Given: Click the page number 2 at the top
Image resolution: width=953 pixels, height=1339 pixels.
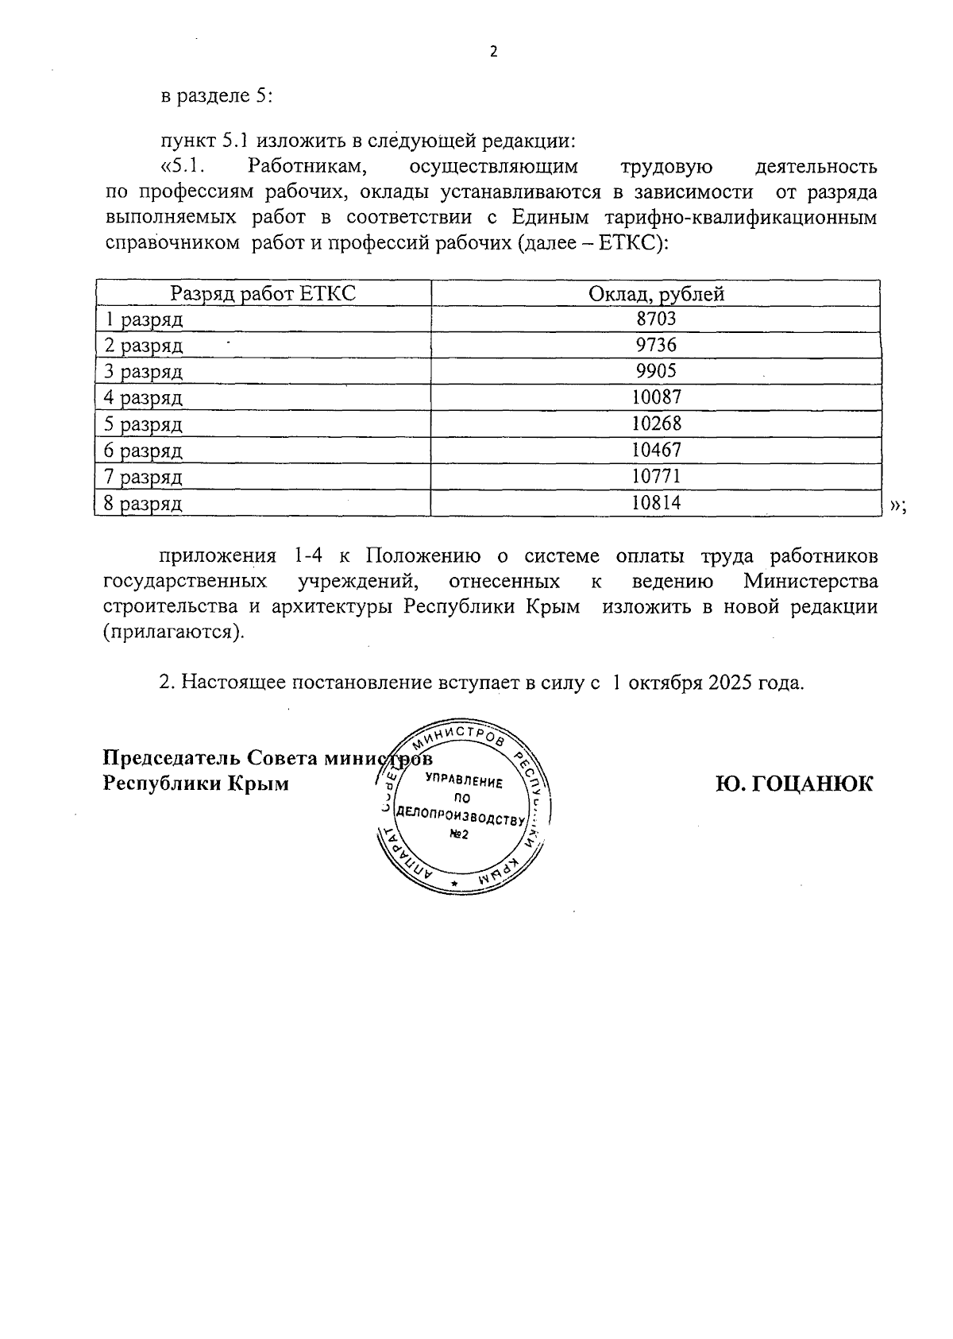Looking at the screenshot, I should (493, 52).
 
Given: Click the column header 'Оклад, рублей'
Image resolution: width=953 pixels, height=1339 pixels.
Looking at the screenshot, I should (656, 294).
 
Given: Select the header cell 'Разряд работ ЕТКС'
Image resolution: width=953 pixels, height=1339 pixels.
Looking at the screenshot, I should (263, 294).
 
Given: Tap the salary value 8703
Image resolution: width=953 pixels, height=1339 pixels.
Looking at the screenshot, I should (656, 319).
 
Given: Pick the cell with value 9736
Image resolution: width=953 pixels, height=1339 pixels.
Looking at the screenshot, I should (656, 346).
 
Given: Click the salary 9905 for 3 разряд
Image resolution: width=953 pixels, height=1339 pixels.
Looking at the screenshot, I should (656, 372).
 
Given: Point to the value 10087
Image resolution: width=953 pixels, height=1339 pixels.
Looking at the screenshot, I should (656, 397).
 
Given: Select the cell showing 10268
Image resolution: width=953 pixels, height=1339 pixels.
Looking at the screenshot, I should (656, 424).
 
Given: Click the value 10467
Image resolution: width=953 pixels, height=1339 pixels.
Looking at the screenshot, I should (656, 450).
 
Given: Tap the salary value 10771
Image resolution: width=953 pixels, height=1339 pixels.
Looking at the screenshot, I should (656, 476).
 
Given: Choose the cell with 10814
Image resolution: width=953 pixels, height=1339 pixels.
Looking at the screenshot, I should (656, 502).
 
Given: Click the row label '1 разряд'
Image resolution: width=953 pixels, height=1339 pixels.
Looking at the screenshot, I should (144, 319).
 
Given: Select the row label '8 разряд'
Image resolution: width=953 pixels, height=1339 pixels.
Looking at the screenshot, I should (144, 503).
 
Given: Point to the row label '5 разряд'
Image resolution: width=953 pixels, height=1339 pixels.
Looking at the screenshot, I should (144, 424).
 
